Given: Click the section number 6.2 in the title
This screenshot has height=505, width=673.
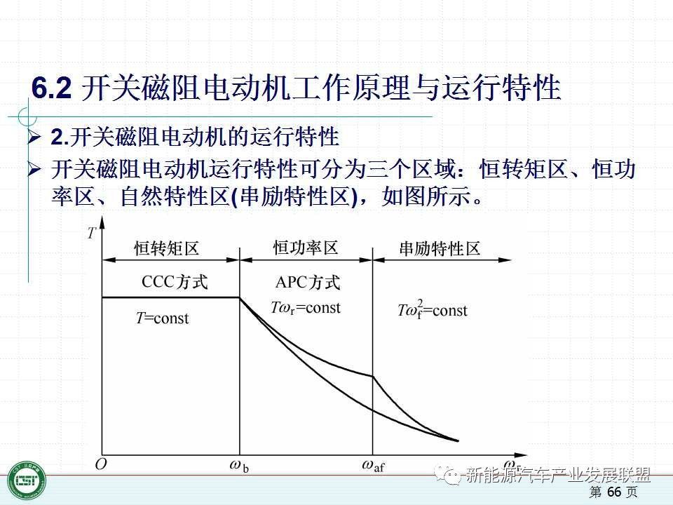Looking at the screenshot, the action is point(51,88).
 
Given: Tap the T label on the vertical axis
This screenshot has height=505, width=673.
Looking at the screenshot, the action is point(91,233).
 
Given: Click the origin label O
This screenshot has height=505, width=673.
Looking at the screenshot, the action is point(100,464).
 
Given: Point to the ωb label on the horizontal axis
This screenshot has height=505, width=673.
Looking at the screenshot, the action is point(239,466).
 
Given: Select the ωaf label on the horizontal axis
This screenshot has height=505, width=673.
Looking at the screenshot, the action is point(373,466).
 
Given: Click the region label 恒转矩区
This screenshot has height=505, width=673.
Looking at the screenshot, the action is point(167,248).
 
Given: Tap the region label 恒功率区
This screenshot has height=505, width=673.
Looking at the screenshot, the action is point(306,248).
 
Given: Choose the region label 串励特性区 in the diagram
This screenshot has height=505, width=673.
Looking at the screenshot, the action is point(440,248).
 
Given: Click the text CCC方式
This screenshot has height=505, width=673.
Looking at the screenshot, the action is point(175,282).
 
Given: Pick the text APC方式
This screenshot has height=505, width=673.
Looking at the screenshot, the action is point(308,283).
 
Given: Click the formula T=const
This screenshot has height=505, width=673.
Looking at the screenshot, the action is point(162,318).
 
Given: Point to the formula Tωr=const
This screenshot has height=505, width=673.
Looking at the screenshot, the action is point(306,308).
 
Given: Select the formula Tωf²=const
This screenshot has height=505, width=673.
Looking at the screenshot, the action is point(433,309).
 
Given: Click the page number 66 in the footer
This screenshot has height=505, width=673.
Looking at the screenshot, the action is point(615,492).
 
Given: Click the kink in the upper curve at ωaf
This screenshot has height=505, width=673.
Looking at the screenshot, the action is point(372,377).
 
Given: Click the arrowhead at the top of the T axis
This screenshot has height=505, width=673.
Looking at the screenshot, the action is point(102,222).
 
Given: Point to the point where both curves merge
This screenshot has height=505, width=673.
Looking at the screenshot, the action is point(458,440).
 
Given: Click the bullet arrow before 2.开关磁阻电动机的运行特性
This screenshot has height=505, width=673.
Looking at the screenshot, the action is point(34,137).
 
